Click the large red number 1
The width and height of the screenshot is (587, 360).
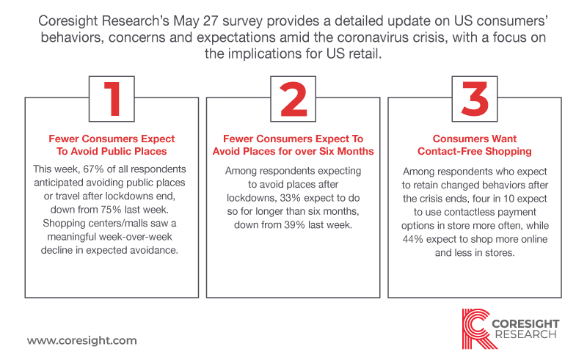pyautogui.click(x=113, y=99)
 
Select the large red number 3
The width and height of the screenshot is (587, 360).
pyautogui.click(x=475, y=99)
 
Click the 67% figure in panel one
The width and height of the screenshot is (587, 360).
pyautogui.click(x=93, y=169)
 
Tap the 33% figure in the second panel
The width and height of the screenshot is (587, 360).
pyautogui.click(x=291, y=198)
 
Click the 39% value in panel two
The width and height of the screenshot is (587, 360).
pyautogui.click(x=293, y=225)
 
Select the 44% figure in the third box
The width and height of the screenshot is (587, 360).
pyautogui.click(x=413, y=239)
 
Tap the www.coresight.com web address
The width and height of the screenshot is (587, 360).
pyautogui.click(x=82, y=340)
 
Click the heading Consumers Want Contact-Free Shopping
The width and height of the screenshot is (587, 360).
pyautogui.click(x=475, y=145)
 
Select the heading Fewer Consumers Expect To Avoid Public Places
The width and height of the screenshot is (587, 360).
pyautogui.click(x=112, y=145)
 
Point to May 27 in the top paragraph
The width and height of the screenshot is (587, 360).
pyautogui.click(x=195, y=21)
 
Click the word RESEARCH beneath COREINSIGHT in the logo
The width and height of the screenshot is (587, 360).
pyautogui.click(x=526, y=334)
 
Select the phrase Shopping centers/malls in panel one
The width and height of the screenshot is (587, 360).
pyautogui.click(x=95, y=224)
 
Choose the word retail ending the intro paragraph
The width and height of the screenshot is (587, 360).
pyautogui.click(x=365, y=54)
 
